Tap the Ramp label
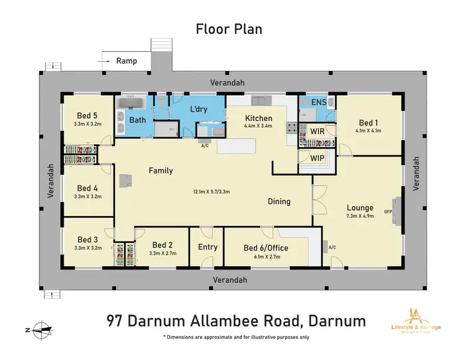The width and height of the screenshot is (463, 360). point(127,61)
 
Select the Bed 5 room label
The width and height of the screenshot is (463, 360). point(87,115)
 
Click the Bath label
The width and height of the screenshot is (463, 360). point(137,120)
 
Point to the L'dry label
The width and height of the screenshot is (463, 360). point(199,110)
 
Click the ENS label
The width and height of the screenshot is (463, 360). point(319,103)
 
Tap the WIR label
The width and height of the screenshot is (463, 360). point(317,132)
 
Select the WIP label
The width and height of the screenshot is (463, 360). point(318,158)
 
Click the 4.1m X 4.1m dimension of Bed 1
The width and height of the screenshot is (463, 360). point(368,130)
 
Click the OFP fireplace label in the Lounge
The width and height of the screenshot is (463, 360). point(388,212)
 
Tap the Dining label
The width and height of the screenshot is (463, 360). point(278,201)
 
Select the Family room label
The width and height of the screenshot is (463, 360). point(160,170)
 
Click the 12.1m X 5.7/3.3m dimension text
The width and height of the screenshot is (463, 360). point(212,191)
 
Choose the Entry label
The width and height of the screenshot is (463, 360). point(207,247)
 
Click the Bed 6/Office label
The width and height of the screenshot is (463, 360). point(266,248)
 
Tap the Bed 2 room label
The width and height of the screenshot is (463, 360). point(162,245)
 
